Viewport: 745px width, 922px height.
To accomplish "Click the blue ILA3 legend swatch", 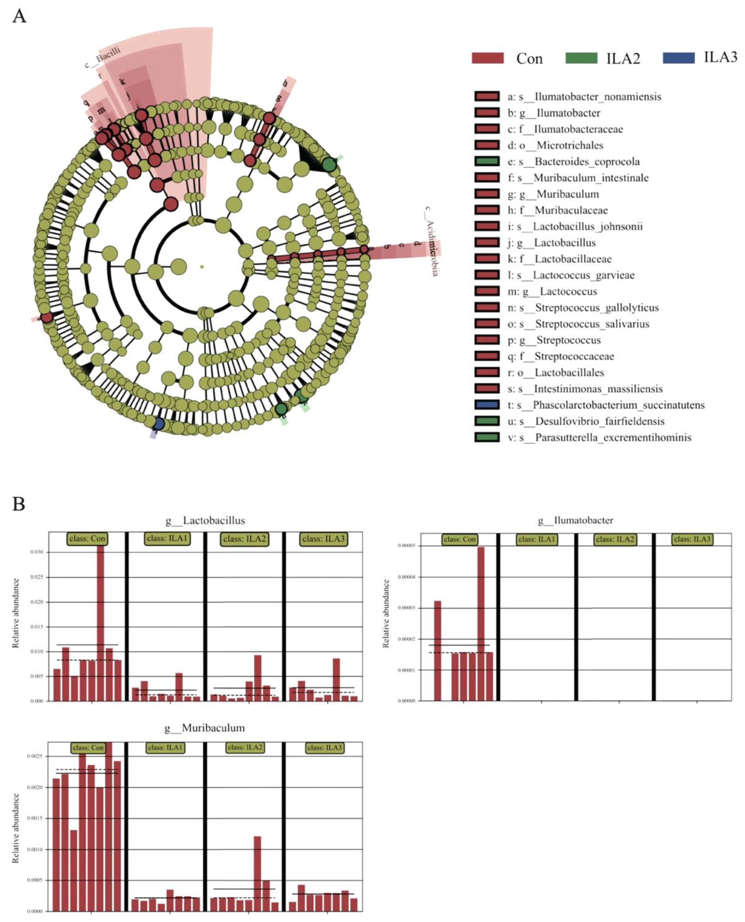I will click(x=679, y=58).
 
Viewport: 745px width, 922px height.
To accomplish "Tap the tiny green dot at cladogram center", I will click(x=202, y=267).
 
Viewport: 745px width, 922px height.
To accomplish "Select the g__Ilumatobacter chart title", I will click(x=576, y=520).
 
